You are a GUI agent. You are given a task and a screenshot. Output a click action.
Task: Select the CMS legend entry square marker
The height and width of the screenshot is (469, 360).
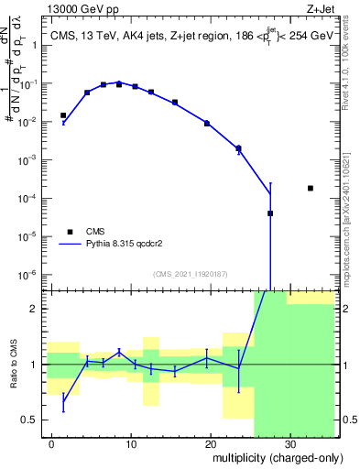point(69,232)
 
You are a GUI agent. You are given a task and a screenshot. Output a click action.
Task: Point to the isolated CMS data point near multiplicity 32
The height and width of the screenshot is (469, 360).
point(311,188)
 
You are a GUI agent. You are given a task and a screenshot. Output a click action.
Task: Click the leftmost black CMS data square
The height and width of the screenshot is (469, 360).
point(63,115)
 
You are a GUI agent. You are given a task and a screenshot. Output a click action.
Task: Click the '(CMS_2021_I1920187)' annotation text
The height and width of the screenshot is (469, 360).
point(190,273)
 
